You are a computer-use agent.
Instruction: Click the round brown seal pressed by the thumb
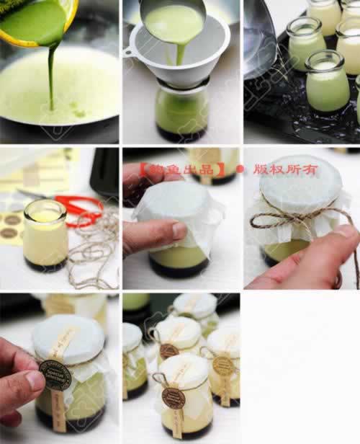(56, 374)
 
